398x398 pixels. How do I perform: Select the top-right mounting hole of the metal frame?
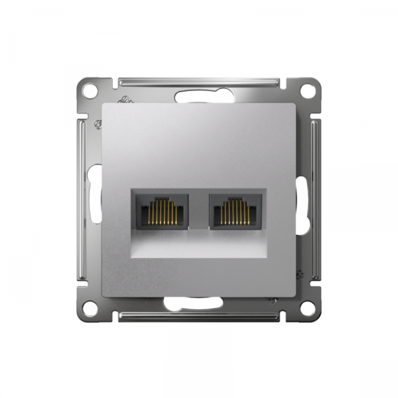click(x=307, y=89)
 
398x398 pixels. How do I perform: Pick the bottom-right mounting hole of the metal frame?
click(x=307, y=307)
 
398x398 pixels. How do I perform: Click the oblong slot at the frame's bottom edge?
click(x=199, y=304)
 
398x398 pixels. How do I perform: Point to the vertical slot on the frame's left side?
click(x=95, y=199)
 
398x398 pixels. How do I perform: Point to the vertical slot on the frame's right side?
click(x=303, y=199)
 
